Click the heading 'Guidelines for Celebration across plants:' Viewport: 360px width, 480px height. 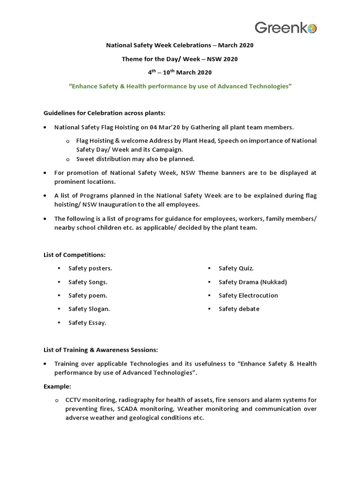pyautogui.click(x=105, y=113)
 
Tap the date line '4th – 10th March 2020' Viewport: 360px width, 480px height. pyautogui.click(x=180, y=72)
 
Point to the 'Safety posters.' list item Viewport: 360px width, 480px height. pyautogui.click(x=90, y=268)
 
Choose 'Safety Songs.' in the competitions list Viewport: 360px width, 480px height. pyautogui.click(x=88, y=282)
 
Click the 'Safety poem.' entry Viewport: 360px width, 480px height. pyautogui.click(x=88, y=295)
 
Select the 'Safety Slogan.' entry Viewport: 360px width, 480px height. pyautogui.click(x=89, y=309)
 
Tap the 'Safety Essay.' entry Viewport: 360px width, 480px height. pyautogui.click(x=87, y=322)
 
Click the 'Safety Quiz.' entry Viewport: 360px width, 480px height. pyautogui.click(x=236, y=268)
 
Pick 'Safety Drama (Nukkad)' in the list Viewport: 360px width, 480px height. pyautogui.click(x=253, y=282)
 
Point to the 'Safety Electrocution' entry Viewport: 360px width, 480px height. pyautogui.click(x=248, y=295)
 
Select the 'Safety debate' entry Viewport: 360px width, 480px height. pyautogui.click(x=239, y=309)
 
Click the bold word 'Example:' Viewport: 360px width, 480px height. pyautogui.click(x=58, y=387)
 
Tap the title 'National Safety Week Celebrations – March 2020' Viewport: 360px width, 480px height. pyautogui.click(x=180, y=45)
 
